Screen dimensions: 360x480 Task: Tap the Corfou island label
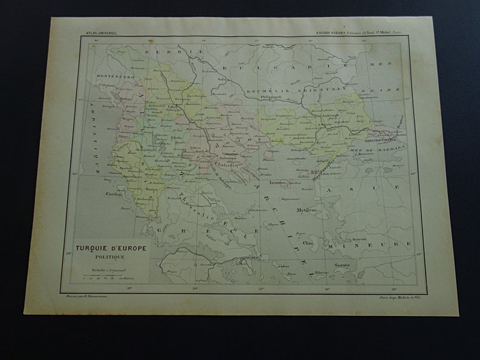[x=114, y=196]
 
